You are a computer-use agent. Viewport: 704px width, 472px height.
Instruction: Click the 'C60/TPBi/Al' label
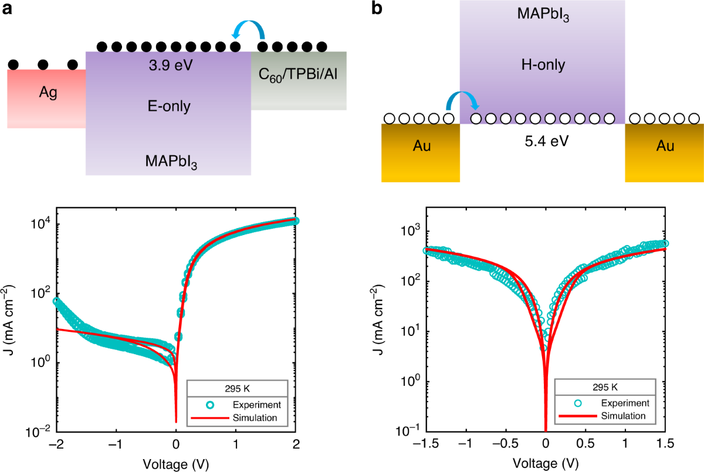(299, 75)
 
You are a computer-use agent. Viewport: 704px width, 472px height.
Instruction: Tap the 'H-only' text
(542, 65)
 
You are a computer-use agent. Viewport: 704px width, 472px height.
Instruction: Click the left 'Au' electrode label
(420, 146)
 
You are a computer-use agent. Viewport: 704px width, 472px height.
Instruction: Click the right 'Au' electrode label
(664, 146)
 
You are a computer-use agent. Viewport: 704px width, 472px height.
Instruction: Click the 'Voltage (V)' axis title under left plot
(176, 463)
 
